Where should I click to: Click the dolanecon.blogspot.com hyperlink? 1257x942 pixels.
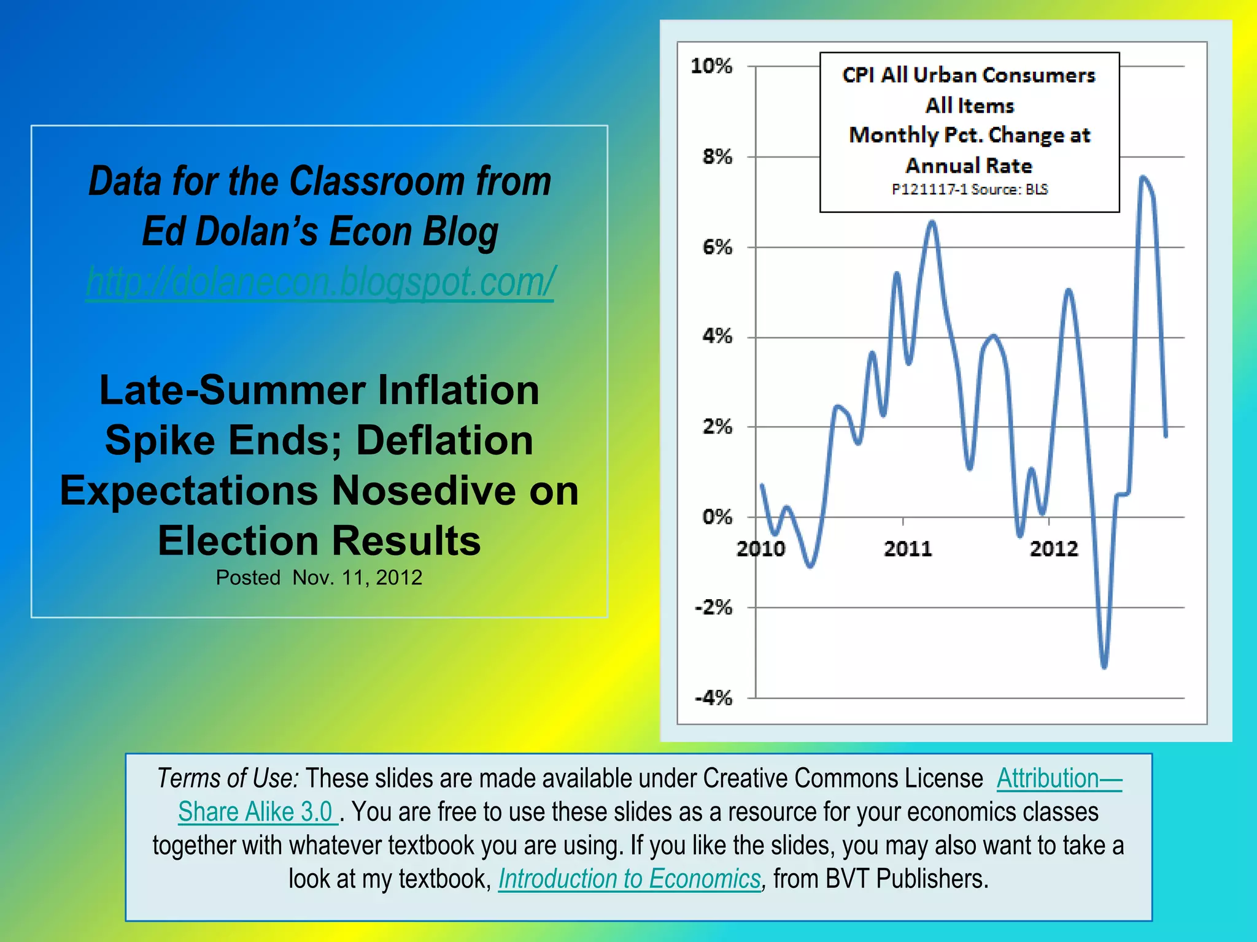[x=320, y=282]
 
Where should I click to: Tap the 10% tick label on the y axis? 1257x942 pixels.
[x=711, y=66]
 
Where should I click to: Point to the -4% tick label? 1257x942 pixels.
[x=713, y=697]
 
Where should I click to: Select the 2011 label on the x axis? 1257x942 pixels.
[x=908, y=548]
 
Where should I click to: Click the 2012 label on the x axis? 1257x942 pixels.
[x=1054, y=548]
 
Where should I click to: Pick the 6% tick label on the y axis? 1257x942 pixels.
[x=717, y=247]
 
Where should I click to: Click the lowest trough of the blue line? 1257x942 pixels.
[x=1104, y=667]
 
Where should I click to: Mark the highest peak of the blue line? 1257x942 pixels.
[x=1143, y=178]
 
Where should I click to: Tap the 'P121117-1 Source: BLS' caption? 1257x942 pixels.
[x=970, y=190]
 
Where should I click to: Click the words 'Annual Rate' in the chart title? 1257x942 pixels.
[x=969, y=166]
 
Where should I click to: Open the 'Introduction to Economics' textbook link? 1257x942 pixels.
[x=629, y=879]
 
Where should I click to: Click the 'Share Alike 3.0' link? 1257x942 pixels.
[x=256, y=812]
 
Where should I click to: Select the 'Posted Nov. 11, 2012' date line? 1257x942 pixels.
[x=319, y=578]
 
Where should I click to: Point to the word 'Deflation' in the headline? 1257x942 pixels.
[x=444, y=440]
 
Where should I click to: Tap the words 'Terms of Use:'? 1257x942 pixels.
[x=228, y=778]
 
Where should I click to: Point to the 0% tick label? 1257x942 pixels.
[x=717, y=517]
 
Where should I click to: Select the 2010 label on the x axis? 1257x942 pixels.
[x=760, y=548]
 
